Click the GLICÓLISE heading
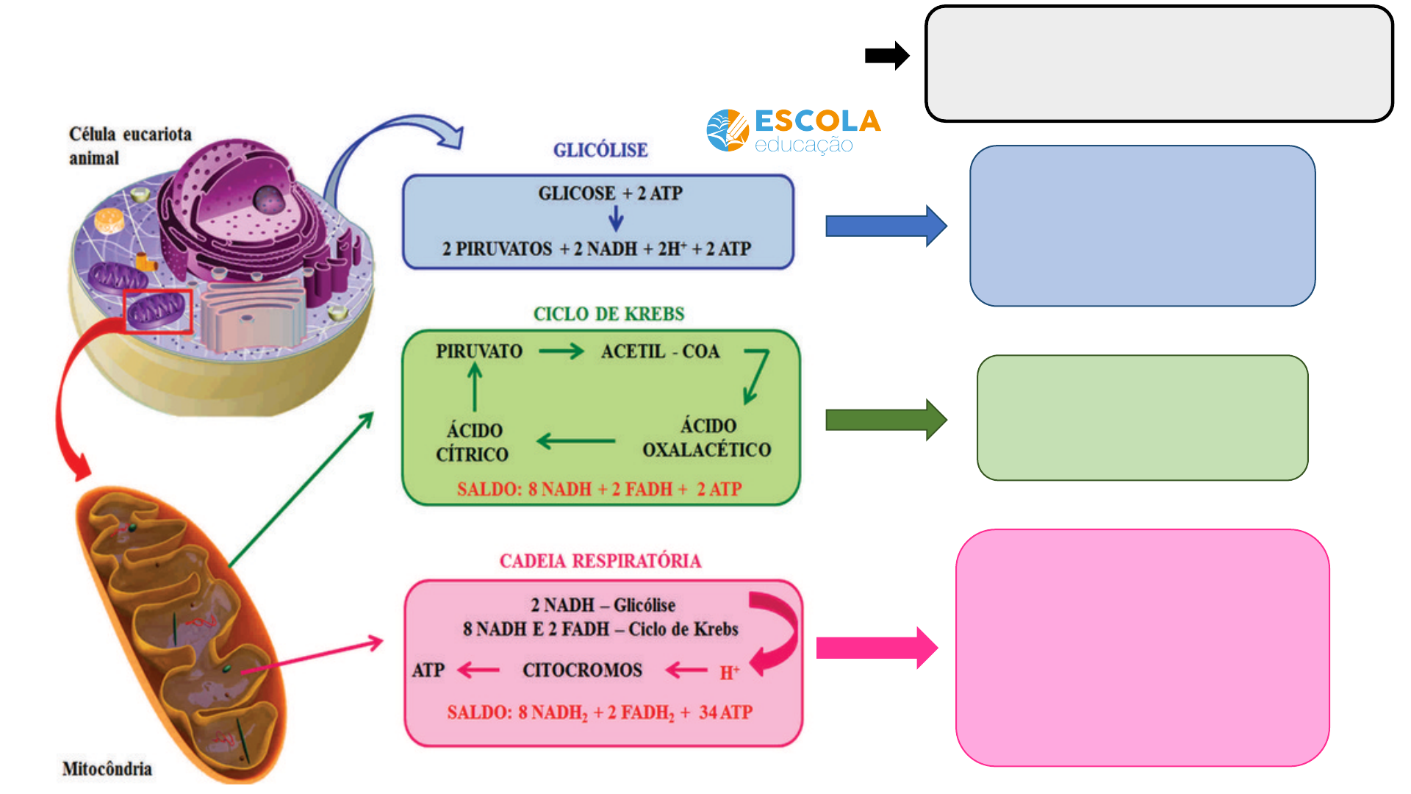(600, 150)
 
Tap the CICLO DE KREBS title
(608, 314)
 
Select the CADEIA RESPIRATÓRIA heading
(600, 561)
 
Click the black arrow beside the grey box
(887, 55)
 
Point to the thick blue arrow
(886, 226)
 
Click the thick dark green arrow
(886, 420)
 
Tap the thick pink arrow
(877, 648)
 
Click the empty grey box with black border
(1159, 64)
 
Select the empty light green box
(1142, 418)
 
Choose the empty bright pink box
(1142, 648)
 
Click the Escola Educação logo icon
(728, 131)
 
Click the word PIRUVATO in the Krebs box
(479, 351)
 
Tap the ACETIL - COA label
(660, 351)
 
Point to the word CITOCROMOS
(582, 670)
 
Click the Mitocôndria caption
(107, 769)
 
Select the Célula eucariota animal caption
(130, 146)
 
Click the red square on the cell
(158, 311)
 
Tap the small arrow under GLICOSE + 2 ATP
(616, 218)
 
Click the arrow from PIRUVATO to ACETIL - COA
(561, 351)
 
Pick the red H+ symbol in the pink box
(729, 672)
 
